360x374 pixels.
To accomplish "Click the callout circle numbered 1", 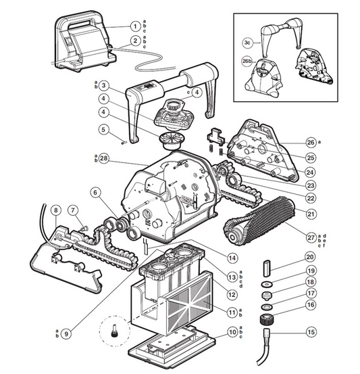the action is tap(136, 26).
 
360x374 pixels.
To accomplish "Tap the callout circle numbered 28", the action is tap(103, 158).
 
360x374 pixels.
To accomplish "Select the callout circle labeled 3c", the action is tap(247, 43).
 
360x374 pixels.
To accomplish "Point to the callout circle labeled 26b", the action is tap(247, 62).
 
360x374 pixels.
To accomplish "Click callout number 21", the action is tap(311, 214).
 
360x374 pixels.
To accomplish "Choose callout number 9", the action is tap(66, 333).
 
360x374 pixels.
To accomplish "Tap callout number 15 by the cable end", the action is tap(311, 332).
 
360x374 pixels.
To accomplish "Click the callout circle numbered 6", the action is tap(95, 192).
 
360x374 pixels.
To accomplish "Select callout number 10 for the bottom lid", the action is tap(232, 332).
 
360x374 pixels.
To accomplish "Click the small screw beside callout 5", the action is tap(124, 143).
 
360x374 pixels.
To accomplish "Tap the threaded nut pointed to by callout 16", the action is tap(266, 319).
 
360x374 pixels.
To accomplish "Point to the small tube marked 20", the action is tap(267, 268).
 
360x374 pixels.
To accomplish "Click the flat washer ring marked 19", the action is tap(266, 284).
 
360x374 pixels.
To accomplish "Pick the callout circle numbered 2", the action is tap(136, 41).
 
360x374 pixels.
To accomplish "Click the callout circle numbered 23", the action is tap(311, 185).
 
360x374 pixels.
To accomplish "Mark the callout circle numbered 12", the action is tap(232, 295).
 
